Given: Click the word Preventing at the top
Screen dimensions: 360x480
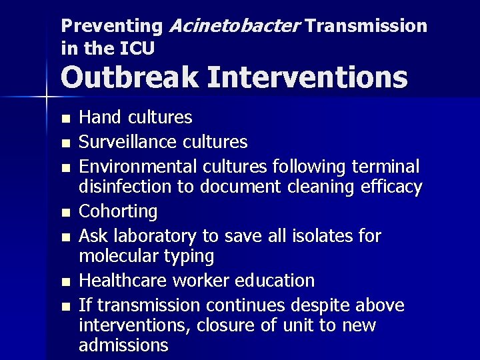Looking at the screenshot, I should pos(111,26).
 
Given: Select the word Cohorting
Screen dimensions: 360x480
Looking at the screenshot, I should pos(118,212).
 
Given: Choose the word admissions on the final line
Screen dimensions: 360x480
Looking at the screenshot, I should pos(123,345).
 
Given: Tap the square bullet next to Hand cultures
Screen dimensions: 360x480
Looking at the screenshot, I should pos(65,119).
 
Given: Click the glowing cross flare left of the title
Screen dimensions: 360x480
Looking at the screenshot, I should pos(46,97).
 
